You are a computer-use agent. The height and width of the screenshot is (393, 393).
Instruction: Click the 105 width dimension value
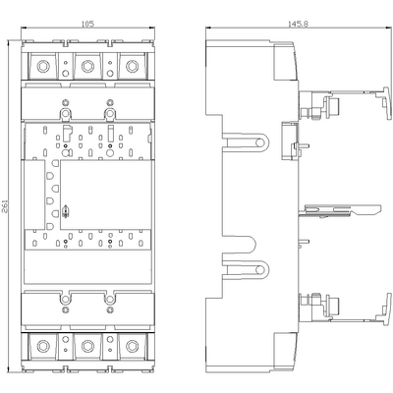[87, 24]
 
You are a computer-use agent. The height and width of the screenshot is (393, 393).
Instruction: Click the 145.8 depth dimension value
[298, 24]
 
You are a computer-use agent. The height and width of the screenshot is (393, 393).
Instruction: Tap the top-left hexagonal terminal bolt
[43, 66]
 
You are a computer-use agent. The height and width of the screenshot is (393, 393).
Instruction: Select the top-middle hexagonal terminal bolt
[87, 66]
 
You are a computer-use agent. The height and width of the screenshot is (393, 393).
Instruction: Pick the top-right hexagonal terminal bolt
[132, 66]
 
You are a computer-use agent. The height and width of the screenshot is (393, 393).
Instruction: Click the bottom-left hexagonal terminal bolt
[43, 346]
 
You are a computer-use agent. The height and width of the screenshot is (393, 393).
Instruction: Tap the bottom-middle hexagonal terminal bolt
[87, 346]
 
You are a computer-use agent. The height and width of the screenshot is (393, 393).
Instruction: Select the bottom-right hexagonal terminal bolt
[132, 346]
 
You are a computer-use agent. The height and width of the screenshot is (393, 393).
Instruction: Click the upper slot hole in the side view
[260, 142]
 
